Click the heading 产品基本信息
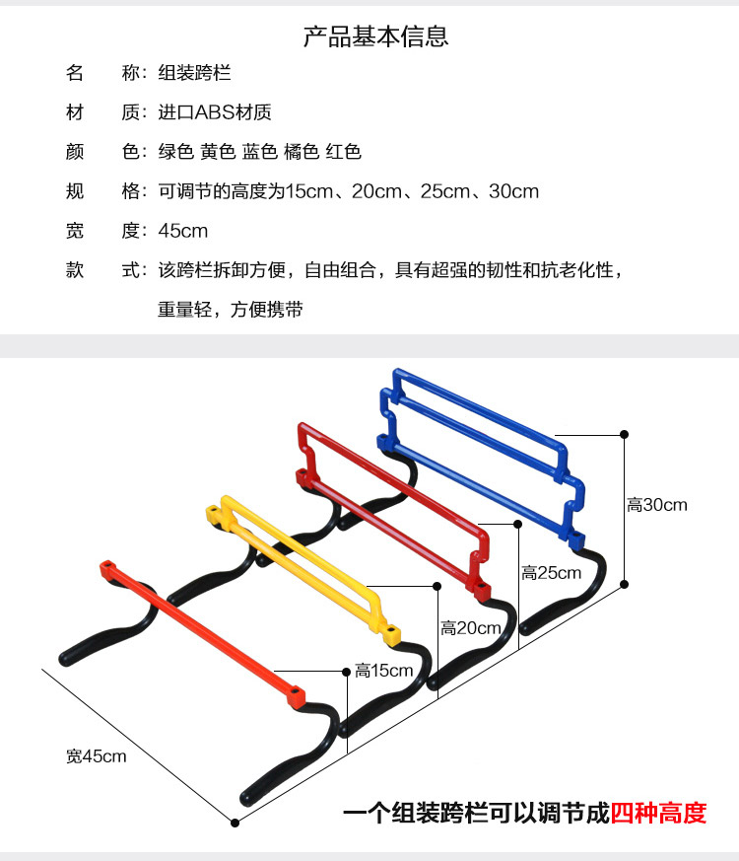tap(375, 37)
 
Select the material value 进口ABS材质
tap(215, 112)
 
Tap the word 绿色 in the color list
tap(176, 152)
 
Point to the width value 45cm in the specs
tap(183, 231)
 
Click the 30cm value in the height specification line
tap(513, 191)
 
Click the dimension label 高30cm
tap(657, 505)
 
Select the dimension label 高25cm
tap(552, 573)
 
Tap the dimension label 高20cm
tap(471, 627)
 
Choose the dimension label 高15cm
tap(384, 671)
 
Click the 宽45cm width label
tap(97, 756)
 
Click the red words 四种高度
tap(658, 814)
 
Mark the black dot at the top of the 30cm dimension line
tap(624, 433)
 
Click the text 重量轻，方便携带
tap(231, 310)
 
